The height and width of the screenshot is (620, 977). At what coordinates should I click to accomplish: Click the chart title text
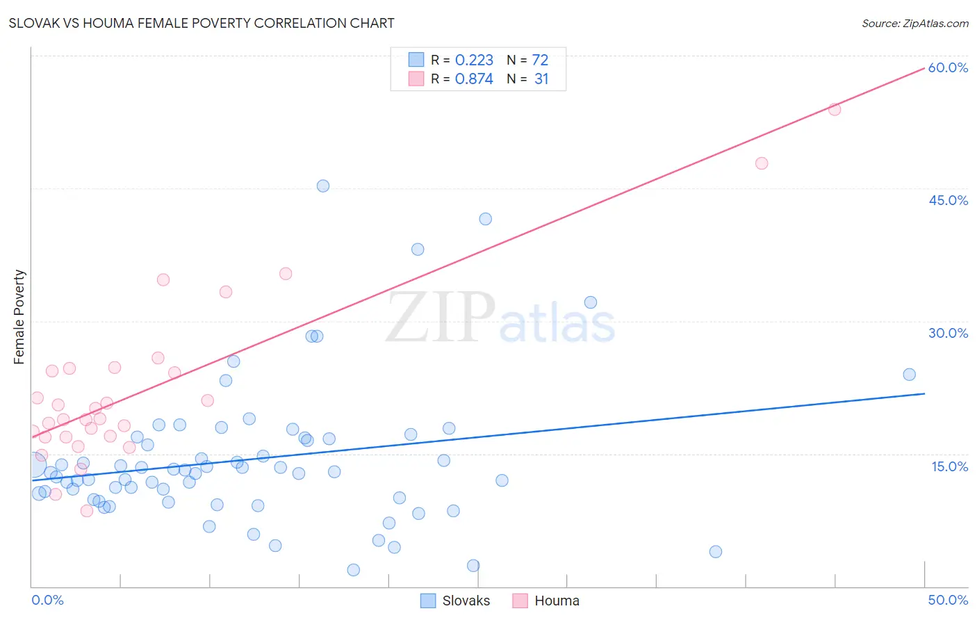[x=202, y=23]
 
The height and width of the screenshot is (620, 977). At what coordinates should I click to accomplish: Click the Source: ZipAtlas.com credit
[x=914, y=23]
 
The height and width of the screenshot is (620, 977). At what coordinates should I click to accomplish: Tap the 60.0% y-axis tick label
[x=948, y=67]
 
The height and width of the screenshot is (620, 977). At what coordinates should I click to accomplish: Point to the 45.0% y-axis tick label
[x=948, y=200]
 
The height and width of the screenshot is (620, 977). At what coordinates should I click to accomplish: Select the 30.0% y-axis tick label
[x=948, y=333]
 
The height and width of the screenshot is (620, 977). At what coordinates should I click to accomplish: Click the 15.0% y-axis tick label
[x=949, y=466]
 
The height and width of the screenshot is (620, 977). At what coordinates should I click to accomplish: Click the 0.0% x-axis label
[x=47, y=600]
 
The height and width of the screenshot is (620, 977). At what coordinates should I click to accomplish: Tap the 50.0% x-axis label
[x=948, y=600]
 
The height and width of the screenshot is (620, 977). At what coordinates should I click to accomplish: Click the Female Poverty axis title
[x=19, y=317]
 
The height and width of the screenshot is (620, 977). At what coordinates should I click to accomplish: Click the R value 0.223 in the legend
[x=474, y=60]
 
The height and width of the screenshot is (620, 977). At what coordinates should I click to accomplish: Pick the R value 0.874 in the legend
[x=474, y=79]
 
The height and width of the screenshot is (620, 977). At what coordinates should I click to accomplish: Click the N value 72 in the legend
[x=540, y=60]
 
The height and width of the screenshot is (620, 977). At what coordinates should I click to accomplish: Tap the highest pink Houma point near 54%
[x=835, y=109]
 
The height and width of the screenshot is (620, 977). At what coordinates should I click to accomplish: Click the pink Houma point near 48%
[x=762, y=163]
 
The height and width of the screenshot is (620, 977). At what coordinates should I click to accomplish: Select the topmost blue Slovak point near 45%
[x=323, y=186]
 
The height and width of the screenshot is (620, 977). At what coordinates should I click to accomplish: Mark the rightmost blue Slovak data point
[x=909, y=375]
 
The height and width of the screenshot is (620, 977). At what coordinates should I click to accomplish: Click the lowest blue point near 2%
[x=353, y=570]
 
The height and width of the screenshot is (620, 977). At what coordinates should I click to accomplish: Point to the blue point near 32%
[x=591, y=302]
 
